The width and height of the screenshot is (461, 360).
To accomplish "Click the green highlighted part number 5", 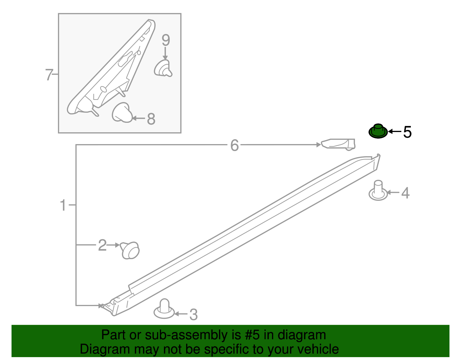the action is point(378,131).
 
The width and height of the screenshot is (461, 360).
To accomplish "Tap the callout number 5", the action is point(407,132).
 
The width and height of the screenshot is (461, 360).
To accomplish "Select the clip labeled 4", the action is point(378,190).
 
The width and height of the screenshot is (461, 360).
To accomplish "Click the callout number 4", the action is point(405,193).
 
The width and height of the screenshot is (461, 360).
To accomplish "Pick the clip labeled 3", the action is point(164,309).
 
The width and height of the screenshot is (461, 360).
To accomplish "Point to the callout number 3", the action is point(193,314).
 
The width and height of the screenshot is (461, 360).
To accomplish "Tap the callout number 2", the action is point(102,245).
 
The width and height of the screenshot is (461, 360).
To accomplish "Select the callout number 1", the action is point(63,205).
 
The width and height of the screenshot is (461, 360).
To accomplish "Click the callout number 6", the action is point(235,145).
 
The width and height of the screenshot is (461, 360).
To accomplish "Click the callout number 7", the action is point(49,75).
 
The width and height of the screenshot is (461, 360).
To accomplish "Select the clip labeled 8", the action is point(122,112).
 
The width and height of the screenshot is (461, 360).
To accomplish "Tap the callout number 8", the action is point(151,119).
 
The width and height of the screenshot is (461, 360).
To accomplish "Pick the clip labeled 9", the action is point(163,68).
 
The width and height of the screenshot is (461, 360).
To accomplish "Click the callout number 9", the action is point(166,40).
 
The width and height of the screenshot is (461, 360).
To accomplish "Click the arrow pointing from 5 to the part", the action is point(395,131).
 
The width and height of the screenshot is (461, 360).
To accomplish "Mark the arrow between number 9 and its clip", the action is point(165,53).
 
